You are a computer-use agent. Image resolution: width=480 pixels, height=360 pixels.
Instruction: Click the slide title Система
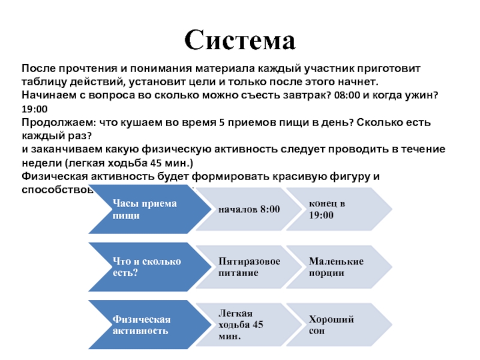pyautogui.click(x=240, y=41)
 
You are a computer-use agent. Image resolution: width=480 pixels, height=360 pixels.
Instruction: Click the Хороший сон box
pyautogui.click(x=333, y=325)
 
